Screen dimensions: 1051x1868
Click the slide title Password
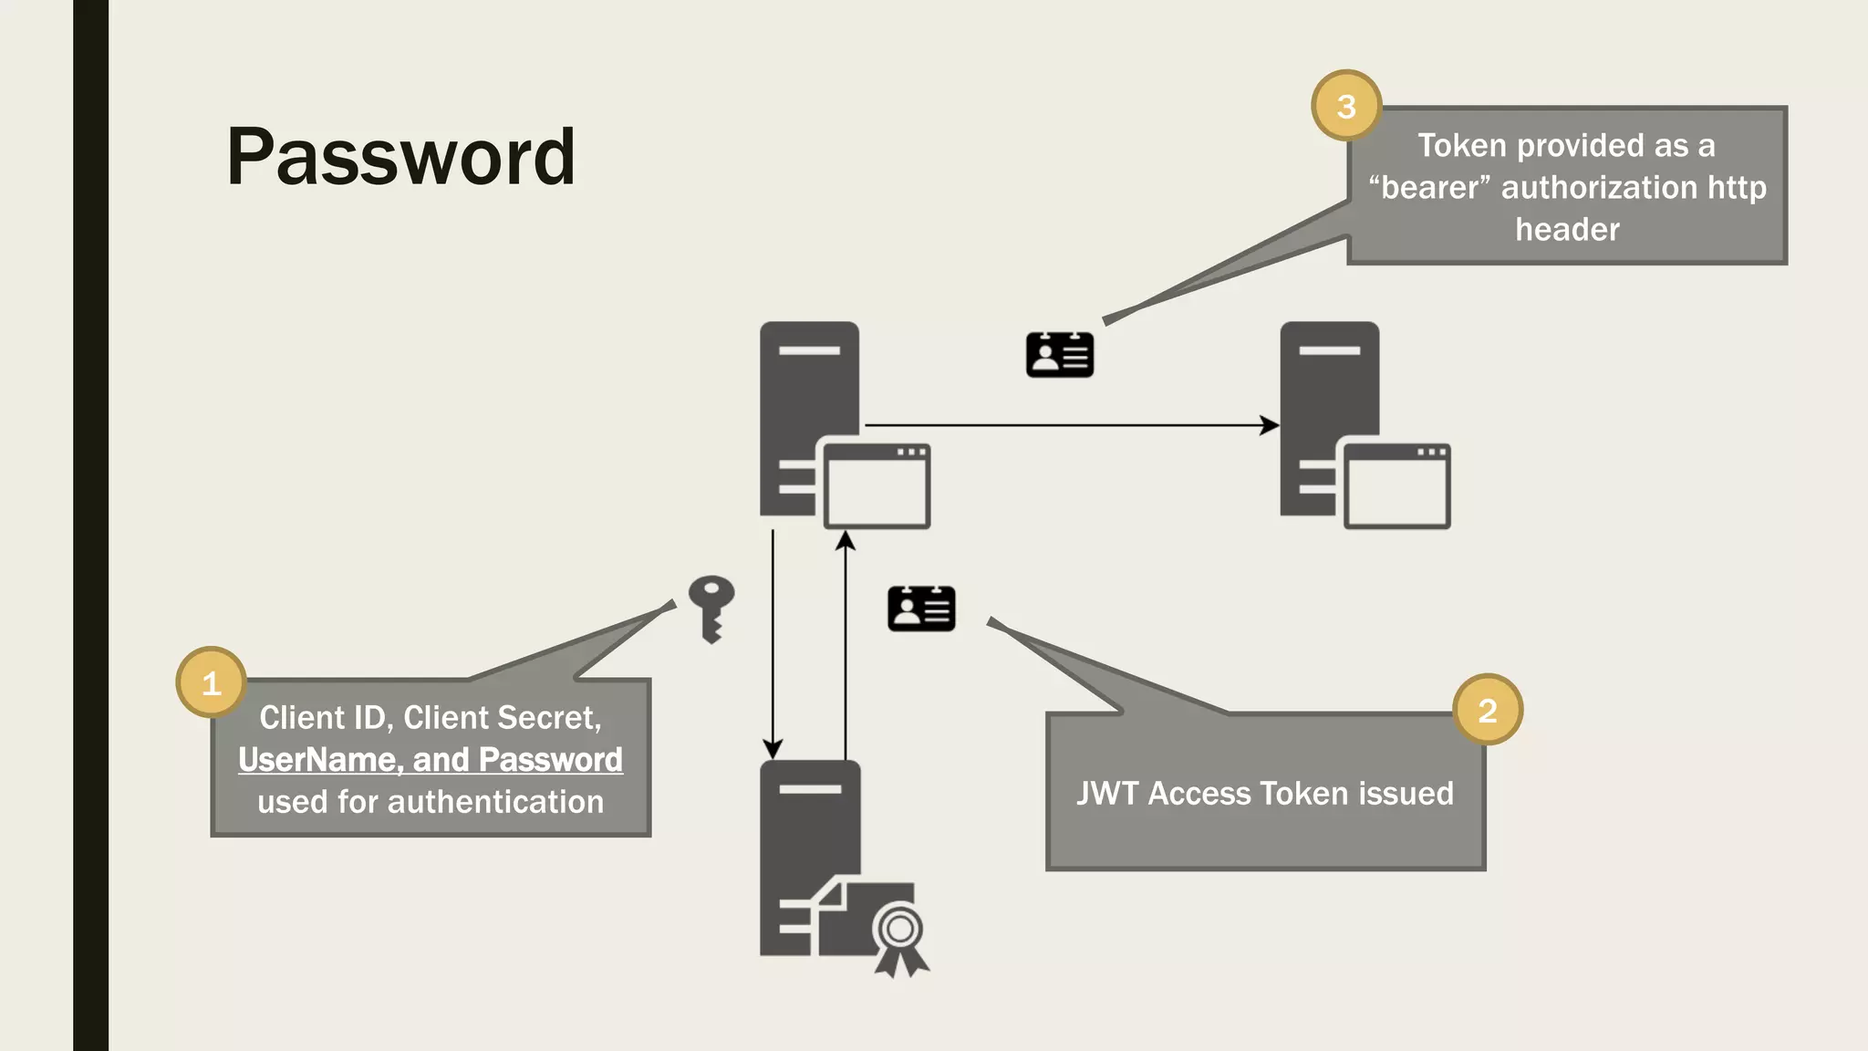(x=400, y=157)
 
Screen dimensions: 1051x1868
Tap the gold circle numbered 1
(x=211, y=682)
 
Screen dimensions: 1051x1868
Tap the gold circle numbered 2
(x=1487, y=710)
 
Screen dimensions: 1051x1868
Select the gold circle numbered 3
(x=1345, y=106)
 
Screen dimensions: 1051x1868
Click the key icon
(x=711, y=607)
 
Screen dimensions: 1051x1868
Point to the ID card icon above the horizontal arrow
(x=1059, y=355)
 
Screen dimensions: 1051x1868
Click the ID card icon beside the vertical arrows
(x=921, y=609)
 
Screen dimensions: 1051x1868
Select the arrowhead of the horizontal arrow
(x=1270, y=425)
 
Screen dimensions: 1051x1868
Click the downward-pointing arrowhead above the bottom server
(x=773, y=749)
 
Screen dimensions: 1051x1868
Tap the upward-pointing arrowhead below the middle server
(x=846, y=541)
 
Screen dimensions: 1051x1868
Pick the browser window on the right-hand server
(x=1396, y=486)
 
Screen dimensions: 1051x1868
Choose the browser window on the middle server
(x=877, y=486)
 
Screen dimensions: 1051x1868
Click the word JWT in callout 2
(x=1106, y=794)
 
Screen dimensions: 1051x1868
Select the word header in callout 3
(x=1567, y=230)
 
